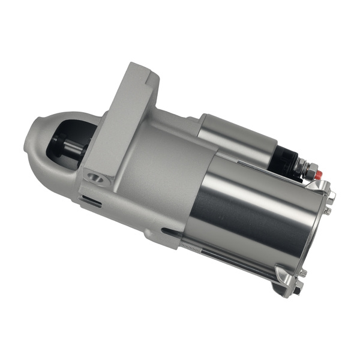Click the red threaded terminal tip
(x=319, y=175)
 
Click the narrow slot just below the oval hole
(x=92, y=200)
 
